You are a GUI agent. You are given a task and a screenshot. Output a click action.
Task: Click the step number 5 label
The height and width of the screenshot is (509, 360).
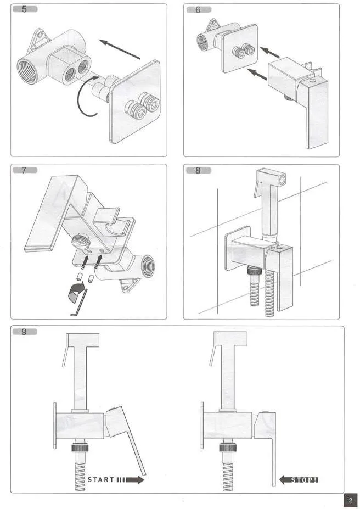25,9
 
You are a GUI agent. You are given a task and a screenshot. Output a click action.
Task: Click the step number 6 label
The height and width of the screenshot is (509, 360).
199,9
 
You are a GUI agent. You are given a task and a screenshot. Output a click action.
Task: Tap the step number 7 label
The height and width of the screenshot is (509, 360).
25,170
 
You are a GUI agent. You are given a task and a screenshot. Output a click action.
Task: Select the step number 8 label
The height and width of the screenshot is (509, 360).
199,170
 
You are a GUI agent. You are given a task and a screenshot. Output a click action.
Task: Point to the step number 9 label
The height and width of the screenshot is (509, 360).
25,332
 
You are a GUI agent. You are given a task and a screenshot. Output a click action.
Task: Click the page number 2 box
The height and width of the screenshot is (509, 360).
350,500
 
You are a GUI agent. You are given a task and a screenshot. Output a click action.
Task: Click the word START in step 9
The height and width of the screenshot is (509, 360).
101,479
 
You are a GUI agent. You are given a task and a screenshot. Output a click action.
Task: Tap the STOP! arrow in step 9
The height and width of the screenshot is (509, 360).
299,480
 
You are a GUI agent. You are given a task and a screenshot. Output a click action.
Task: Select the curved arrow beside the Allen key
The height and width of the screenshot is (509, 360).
76,290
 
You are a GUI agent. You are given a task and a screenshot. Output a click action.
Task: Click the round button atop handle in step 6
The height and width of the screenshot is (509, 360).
312,80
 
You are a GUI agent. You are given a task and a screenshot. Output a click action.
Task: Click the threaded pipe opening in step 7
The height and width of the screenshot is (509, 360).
148,264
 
